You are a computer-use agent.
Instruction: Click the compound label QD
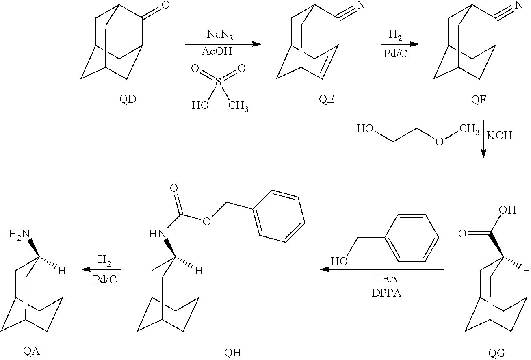(128, 99)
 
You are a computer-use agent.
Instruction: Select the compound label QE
(326, 99)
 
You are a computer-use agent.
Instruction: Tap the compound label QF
(478, 100)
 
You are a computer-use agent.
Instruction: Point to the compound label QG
(496, 353)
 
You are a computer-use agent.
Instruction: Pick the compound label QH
(232, 353)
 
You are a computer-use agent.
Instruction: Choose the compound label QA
(32, 351)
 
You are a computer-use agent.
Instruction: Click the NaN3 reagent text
(220, 35)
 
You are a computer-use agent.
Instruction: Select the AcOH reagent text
(217, 51)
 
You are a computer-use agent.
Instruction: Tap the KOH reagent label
(499, 135)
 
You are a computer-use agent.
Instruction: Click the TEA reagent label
(386, 279)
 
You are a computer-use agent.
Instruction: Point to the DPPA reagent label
(386, 293)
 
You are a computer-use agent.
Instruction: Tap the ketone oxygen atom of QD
(166, 5)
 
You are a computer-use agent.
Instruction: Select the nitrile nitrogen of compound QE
(361, 5)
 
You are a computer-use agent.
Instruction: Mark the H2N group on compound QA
(19, 234)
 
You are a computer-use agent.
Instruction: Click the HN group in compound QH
(157, 234)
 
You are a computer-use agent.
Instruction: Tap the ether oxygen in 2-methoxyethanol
(440, 142)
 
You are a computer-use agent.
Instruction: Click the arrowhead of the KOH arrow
(483, 154)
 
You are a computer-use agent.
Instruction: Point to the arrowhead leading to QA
(86, 269)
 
